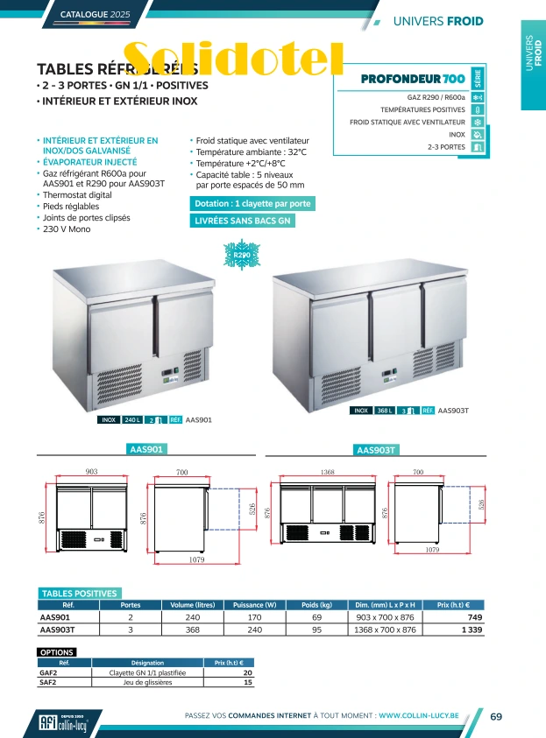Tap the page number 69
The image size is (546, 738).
coord(496,717)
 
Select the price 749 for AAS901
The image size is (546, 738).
coord(473,616)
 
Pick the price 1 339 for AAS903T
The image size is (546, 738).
coord(472,629)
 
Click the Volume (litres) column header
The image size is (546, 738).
coord(193,604)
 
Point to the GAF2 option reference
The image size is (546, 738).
coord(49,672)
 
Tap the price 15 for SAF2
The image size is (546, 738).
coord(248,682)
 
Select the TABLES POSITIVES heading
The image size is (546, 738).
coord(79,594)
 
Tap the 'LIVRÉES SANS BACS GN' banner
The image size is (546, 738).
coord(243,221)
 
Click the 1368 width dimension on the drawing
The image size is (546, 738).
coord(328,472)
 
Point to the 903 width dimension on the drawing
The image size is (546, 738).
coord(91,472)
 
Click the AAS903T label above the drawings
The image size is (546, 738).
coord(377,450)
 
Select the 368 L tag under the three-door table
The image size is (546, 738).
coord(385,410)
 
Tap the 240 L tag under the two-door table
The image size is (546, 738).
coord(132,420)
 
